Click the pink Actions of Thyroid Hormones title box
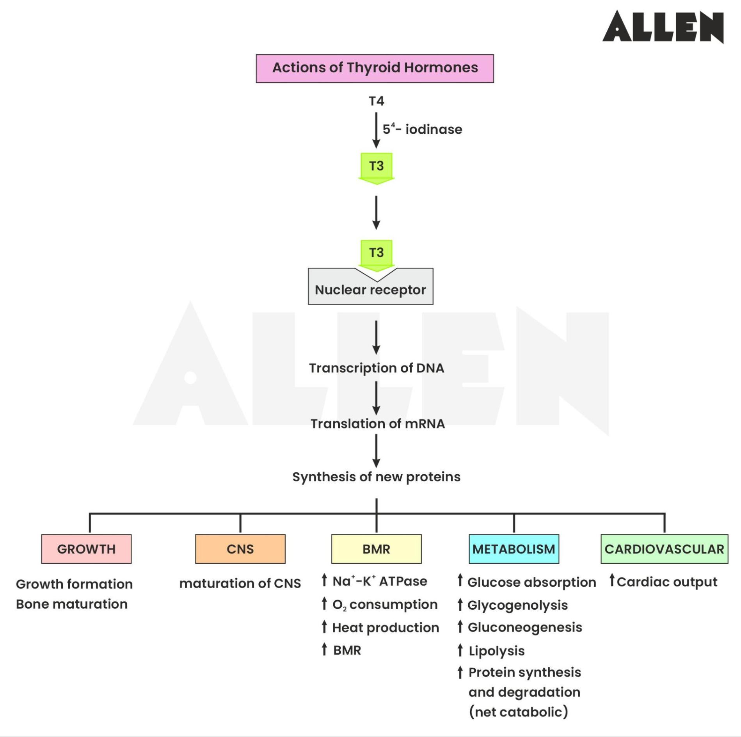click(375, 68)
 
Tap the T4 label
click(376, 101)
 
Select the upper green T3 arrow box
click(376, 167)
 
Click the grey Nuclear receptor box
click(370, 289)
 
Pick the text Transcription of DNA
click(376, 368)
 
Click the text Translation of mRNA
click(377, 424)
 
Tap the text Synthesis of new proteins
click(376, 477)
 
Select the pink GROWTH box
click(86, 549)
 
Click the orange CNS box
click(240, 549)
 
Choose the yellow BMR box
click(376, 549)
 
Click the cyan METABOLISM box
click(514, 549)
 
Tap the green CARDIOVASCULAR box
click(664, 549)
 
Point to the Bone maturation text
click(72, 604)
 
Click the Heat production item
click(385, 627)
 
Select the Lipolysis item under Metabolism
click(496, 651)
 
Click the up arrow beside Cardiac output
click(612, 580)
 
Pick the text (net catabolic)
click(518, 712)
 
